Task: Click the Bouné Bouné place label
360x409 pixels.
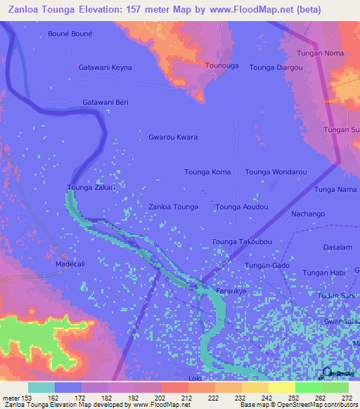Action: point(70,33)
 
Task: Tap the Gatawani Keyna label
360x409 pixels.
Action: point(105,67)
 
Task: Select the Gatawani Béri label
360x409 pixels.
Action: point(105,102)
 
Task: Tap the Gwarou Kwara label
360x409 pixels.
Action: point(173,137)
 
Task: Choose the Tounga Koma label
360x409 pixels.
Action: point(207,171)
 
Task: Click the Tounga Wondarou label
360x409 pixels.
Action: point(276,171)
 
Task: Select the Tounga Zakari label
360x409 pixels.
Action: point(91,187)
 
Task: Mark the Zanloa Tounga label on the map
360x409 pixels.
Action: point(173,207)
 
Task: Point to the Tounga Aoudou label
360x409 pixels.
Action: point(242,207)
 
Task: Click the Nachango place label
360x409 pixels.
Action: point(308,214)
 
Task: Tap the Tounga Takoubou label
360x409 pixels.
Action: point(242,242)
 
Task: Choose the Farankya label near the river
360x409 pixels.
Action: point(232,290)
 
